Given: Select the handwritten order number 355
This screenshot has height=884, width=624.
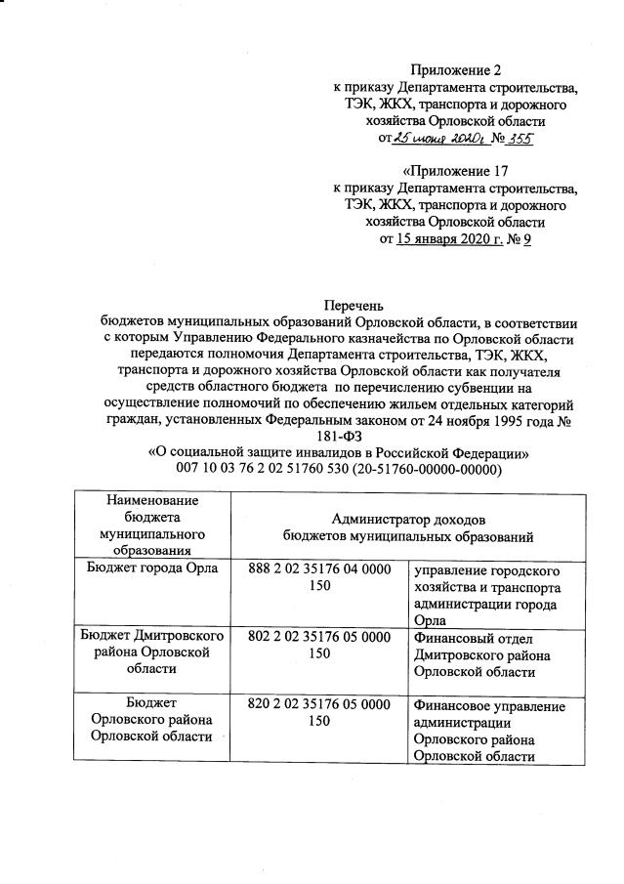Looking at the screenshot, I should (x=519, y=139).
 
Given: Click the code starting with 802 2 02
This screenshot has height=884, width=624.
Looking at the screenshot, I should (x=315, y=644).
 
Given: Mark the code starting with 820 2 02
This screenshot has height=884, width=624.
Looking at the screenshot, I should (x=315, y=713).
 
